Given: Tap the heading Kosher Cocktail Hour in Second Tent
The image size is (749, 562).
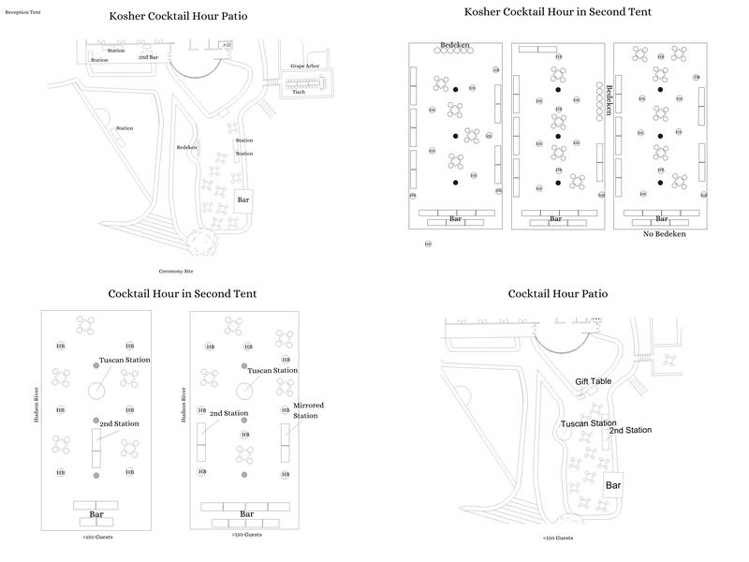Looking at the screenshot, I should (558, 12).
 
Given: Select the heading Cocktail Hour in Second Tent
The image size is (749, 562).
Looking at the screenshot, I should (183, 293).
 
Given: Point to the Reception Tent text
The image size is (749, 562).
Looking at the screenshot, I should (22, 13).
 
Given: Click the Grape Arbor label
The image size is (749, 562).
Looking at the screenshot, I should (305, 67).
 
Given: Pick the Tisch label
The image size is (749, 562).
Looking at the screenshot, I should (299, 92).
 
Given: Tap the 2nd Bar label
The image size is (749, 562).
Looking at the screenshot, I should (148, 58).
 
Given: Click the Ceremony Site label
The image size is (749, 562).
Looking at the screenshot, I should (177, 270).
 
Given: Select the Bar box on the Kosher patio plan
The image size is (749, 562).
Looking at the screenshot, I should (243, 200).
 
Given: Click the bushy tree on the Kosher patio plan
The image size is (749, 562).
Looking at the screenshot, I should (198, 243).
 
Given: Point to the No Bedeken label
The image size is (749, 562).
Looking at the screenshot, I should (664, 233).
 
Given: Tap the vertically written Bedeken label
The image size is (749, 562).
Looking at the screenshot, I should (609, 99).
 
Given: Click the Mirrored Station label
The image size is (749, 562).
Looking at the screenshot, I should (308, 410).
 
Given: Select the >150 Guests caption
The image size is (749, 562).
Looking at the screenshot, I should (247, 535).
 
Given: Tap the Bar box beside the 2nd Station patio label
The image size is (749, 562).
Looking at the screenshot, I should (613, 484).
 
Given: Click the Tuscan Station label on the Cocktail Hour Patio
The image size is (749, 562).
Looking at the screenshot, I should (588, 423).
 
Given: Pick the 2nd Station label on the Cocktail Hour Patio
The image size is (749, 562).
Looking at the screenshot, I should (630, 431).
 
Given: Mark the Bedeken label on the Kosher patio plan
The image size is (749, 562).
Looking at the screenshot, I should (186, 147).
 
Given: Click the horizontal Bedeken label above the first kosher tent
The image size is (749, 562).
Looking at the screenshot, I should (455, 44).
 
